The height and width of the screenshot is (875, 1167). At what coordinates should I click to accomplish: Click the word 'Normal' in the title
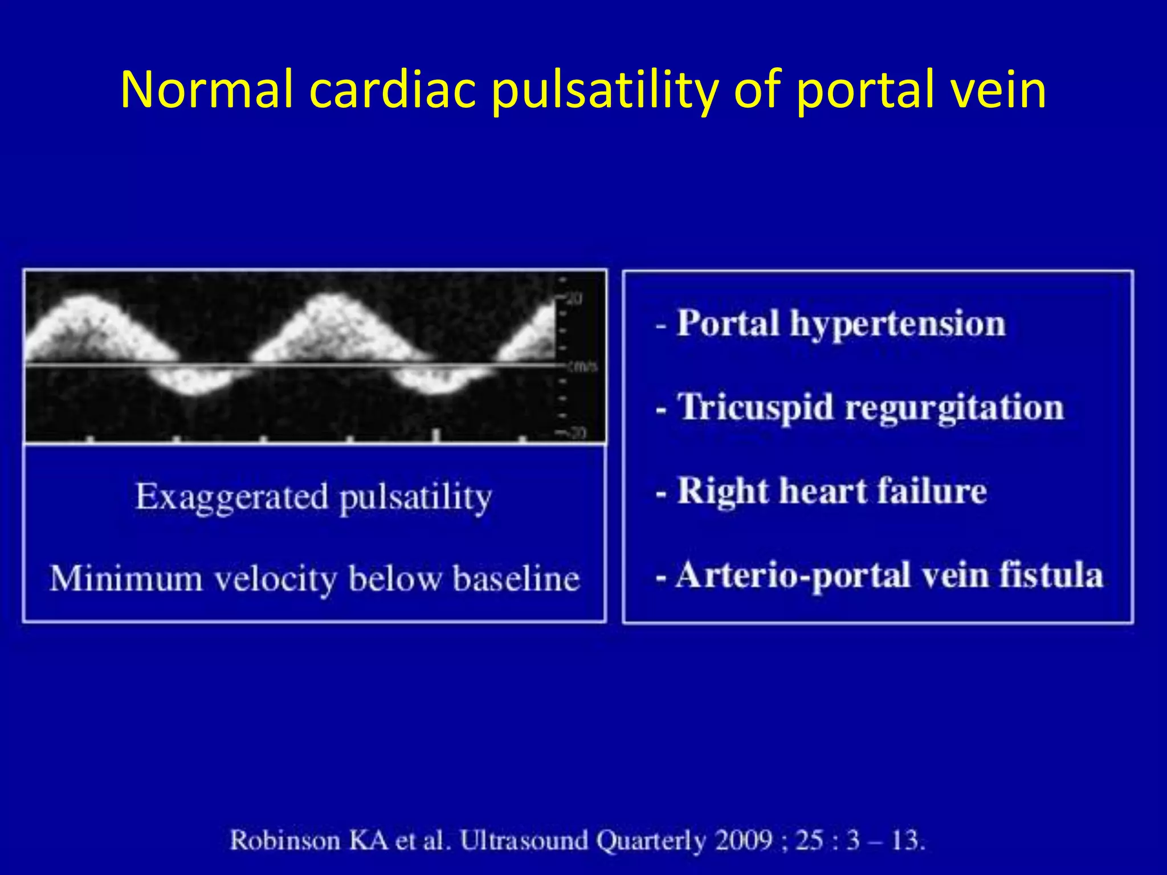tap(207, 89)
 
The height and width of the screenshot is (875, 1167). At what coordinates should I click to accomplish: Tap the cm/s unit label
tap(582, 366)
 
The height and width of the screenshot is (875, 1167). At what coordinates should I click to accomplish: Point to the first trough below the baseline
tap(194, 387)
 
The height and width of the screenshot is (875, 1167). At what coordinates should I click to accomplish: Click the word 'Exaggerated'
tap(231, 497)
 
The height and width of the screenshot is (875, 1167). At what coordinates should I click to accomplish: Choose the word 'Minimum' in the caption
tap(126, 579)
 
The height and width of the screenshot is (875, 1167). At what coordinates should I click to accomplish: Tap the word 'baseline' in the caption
tap(515, 579)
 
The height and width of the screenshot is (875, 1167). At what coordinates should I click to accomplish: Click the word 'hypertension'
tap(897, 325)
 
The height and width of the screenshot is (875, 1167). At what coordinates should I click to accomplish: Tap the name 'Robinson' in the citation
tap(285, 840)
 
